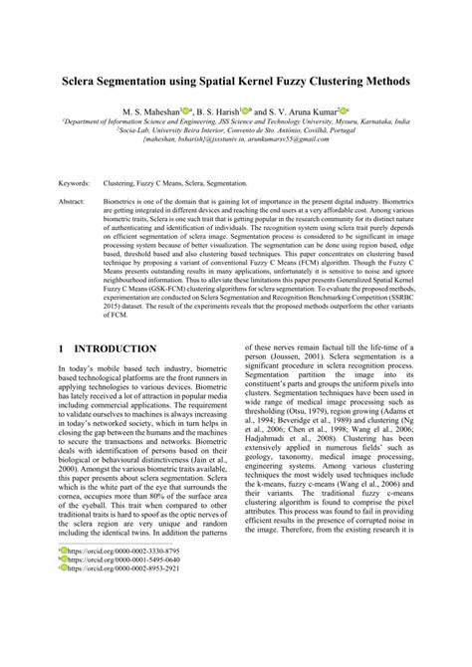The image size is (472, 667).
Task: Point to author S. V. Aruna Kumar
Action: [303, 111]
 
